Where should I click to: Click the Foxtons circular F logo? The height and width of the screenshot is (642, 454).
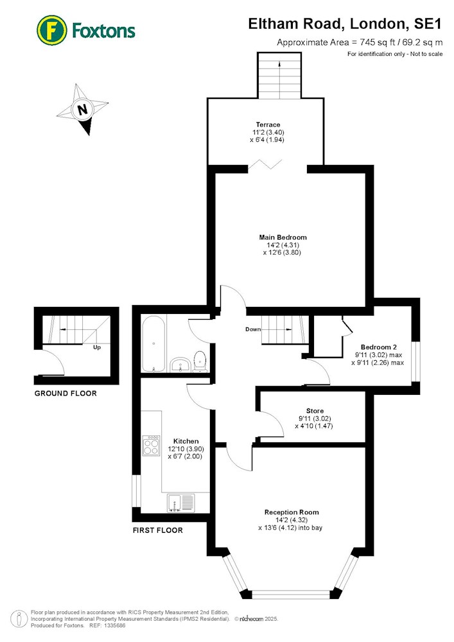[51, 30]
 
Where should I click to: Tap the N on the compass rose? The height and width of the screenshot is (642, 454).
[83, 109]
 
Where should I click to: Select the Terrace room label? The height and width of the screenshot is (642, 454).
[268, 125]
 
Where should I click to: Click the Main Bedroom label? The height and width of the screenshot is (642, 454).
[283, 237]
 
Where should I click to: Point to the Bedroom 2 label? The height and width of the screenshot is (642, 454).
[379, 347]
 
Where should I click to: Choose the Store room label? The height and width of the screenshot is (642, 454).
[315, 411]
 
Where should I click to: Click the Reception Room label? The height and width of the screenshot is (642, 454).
[292, 512]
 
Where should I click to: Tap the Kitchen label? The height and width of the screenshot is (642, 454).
[186, 441]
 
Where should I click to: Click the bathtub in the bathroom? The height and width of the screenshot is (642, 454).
[153, 344]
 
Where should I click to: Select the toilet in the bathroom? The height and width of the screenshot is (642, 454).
[199, 361]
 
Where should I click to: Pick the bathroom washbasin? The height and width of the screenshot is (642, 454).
[179, 365]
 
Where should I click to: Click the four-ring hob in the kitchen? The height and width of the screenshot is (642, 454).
[151, 446]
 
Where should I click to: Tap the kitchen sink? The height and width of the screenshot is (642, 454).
[181, 503]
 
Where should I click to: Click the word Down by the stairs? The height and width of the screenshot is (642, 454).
[253, 329]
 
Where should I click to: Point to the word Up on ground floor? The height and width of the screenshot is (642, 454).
[97, 347]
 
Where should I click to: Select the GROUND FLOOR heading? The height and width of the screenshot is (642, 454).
[65, 394]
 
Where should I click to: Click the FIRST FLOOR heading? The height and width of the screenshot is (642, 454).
[157, 530]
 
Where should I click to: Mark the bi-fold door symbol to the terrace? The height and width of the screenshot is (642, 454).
[265, 164]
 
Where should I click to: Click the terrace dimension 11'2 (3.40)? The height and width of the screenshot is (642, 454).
[268, 132]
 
